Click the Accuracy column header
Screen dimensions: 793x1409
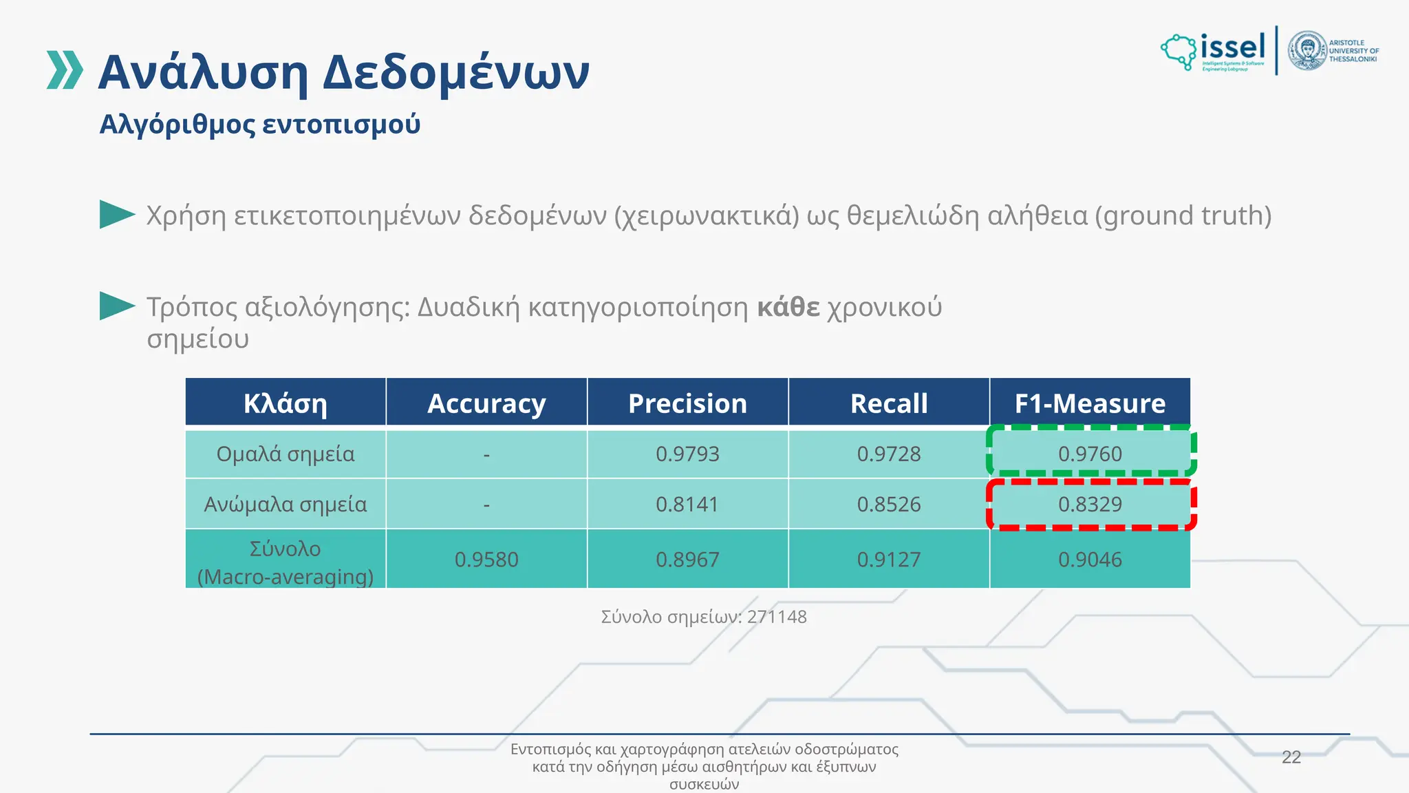[486, 403]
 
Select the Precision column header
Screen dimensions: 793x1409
[687, 403]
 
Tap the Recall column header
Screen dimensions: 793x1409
[889, 403]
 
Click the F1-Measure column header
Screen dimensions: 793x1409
[1090, 403]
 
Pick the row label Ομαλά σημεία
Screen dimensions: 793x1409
[286, 454]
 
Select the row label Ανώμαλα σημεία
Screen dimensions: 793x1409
[286, 505]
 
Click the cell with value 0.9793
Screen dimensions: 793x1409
[687, 454]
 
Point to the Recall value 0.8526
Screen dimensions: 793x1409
[889, 505]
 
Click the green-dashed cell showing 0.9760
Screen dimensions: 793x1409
[1090, 454]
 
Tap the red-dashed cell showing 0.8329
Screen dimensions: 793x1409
[1090, 505]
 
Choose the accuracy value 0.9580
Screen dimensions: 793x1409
[486, 560]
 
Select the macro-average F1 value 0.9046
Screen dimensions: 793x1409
[1090, 560]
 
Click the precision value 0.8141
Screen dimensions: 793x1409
[687, 505]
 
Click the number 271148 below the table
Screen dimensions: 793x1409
[777, 617]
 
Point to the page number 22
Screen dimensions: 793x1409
[1291, 757]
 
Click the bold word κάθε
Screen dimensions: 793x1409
[788, 307]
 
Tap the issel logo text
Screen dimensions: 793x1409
[1233, 47]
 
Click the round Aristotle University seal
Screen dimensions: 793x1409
[1307, 51]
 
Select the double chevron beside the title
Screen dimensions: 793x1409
[65, 70]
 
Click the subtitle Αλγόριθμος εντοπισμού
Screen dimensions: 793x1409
[260, 125]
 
